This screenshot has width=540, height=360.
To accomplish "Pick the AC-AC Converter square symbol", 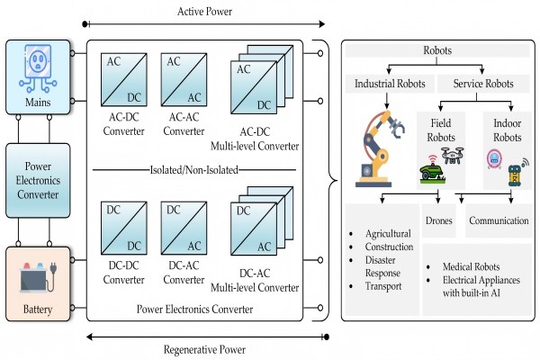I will [x=183, y=78].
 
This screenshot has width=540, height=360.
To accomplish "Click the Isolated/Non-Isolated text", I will [x=193, y=168].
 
